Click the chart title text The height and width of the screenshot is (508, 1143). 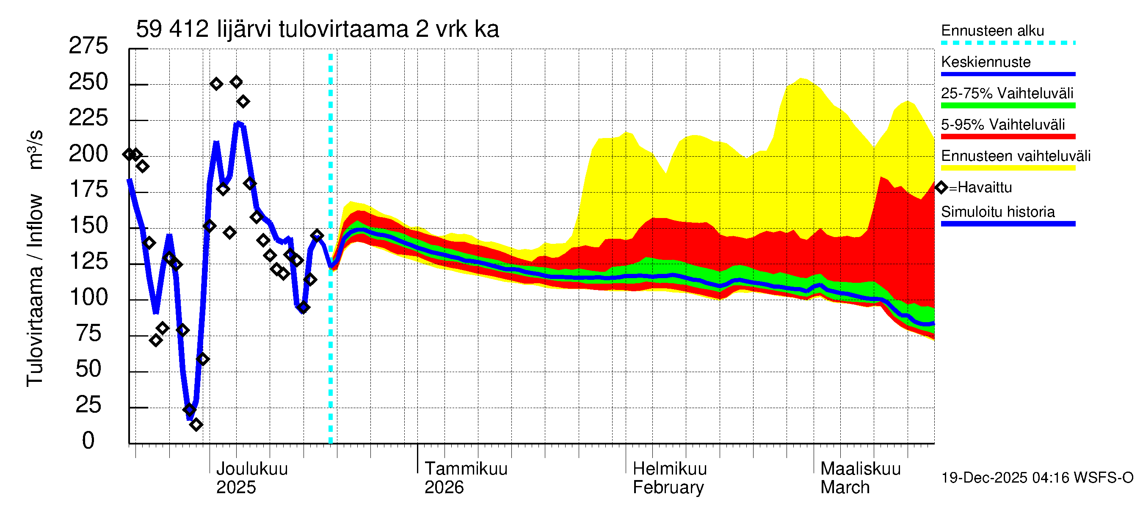(317, 29)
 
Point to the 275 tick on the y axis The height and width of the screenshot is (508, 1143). (88, 46)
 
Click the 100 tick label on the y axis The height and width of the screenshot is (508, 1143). (88, 297)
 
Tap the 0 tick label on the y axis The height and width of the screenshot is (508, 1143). (88, 440)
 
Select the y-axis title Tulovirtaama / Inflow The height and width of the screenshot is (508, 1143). (35, 290)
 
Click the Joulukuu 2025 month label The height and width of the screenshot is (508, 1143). (251, 478)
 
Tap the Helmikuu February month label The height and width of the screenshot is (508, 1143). (669, 478)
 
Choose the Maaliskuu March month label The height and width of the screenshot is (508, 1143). (860, 478)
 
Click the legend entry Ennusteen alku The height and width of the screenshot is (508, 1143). (992, 30)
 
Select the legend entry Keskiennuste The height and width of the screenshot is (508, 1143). (986, 62)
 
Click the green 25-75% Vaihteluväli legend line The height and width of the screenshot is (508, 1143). (1008, 105)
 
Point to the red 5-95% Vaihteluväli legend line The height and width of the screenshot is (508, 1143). (1008, 137)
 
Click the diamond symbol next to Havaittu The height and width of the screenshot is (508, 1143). (941, 188)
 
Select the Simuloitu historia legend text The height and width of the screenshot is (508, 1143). (997, 212)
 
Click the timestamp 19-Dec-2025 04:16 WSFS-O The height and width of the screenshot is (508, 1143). (1037, 478)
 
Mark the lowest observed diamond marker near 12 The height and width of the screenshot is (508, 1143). (196, 425)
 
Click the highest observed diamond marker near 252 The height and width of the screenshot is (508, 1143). (236, 82)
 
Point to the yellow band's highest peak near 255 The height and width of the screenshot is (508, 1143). (801, 80)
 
